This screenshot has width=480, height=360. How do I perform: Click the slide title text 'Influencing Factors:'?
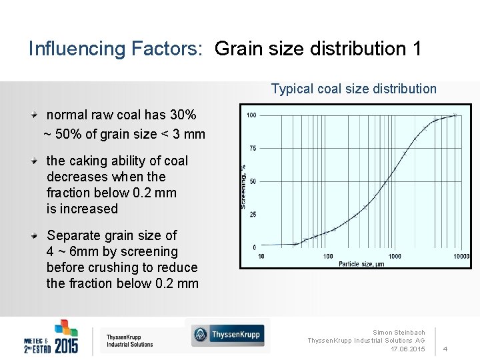(114, 49)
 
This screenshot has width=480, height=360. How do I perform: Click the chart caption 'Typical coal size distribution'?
(353, 89)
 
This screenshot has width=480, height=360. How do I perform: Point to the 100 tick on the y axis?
(251, 115)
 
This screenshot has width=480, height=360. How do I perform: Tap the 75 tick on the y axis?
(253, 148)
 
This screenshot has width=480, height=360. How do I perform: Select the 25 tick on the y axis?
(253, 214)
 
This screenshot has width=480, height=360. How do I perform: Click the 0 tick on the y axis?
(254, 247)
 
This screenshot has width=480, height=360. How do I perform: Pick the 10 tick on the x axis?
(261, 257)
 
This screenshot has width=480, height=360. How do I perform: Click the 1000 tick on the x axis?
(394, 257)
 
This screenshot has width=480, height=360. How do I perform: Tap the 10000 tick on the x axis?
(461, 257)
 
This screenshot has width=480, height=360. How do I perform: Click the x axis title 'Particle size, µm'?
(361, 264)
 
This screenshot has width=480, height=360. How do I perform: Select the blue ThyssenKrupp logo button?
(227, 335)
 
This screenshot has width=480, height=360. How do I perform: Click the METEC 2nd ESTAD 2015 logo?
(51, 337)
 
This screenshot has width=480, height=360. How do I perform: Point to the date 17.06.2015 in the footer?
(408, 349)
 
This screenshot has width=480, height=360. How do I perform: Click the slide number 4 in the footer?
(445, 349)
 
